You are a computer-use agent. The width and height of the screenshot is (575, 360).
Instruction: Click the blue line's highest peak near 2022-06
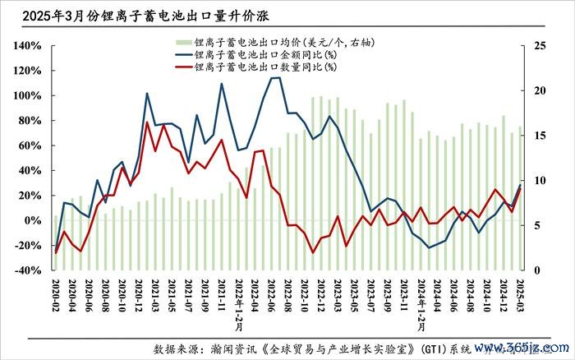(276, 78)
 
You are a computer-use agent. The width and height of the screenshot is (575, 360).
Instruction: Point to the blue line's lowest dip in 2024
(429, 247)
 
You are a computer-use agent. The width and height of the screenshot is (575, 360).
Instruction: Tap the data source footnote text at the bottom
(329, 348)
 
